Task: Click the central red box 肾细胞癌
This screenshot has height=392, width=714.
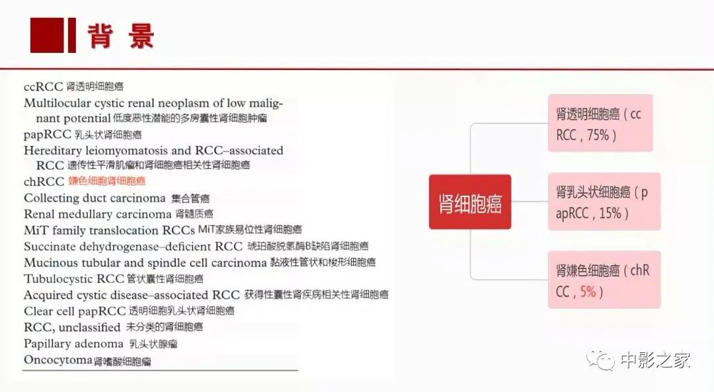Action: [x=469, y=202]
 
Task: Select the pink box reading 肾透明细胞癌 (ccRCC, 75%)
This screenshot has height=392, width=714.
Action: [x=600, y=124]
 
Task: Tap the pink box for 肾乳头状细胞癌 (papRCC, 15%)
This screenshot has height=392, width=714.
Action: [x=600, y=202]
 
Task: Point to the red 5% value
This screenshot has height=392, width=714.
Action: [x=588, y=291]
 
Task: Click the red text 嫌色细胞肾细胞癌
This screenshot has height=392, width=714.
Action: [x=106, y=181]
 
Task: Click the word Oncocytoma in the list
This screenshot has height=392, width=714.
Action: [x=58, y=360]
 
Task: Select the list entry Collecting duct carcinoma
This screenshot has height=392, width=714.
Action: [x=95, y=198]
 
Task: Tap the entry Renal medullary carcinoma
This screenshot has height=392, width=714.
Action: [x=97, y=214]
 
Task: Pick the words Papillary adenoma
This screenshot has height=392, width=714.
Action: [x=73, y=344]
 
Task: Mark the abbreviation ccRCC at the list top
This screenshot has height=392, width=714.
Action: [x=43, y=86]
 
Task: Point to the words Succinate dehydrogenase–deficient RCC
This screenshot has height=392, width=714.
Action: [x=133, y=247]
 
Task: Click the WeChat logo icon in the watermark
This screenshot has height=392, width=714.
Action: [x=602, y=360]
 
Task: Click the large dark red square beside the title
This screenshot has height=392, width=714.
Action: [x=47, y=35]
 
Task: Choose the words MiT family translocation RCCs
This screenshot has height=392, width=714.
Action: [x=110, y=231]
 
